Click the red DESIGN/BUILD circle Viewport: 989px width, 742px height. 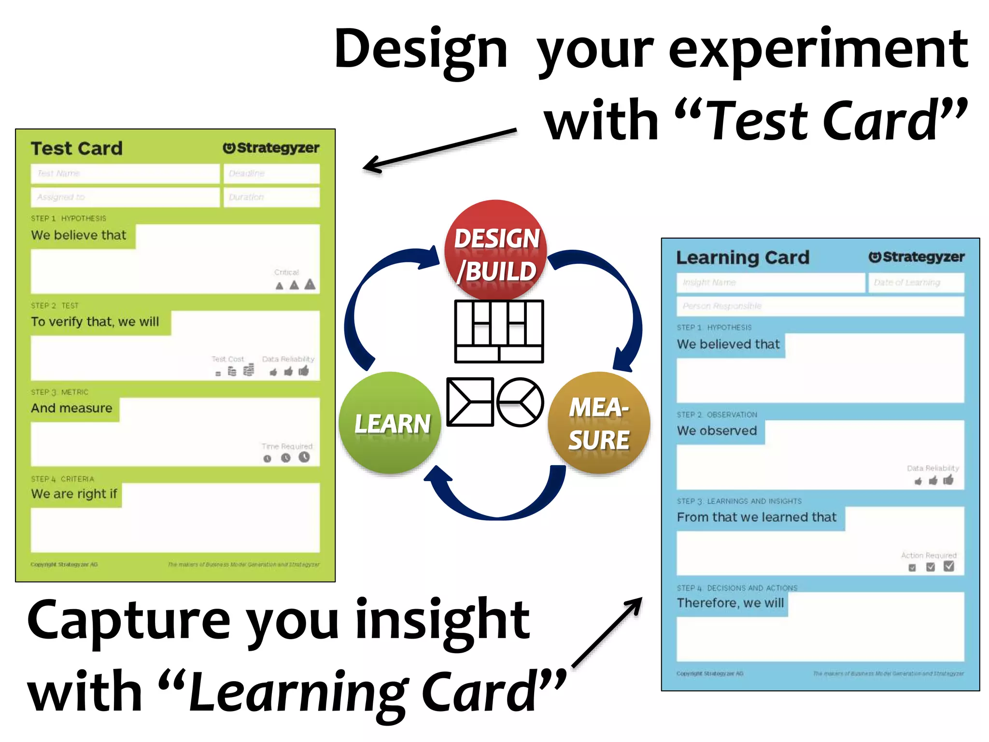pos(496,250)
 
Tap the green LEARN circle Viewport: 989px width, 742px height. pos(390,423)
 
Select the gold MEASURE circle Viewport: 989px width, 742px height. pos(599,423)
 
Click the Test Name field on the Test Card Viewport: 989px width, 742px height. pos(125,173)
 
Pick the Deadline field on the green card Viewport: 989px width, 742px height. pos(271,173)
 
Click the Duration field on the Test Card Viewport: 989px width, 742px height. pos(271,197)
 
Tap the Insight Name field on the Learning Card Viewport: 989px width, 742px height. pos(770,283)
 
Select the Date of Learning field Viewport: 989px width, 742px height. pos(916,283)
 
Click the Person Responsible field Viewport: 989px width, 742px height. pos(820,306)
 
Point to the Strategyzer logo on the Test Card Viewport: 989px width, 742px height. pos(271,148)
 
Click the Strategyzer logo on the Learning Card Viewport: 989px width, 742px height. pos(916,257)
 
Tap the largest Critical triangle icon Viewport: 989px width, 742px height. pos(310,284)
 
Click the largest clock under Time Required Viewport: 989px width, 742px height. pos(304,457)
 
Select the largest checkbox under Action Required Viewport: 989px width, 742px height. pos(949,566)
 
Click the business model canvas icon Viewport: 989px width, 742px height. pos(499,331)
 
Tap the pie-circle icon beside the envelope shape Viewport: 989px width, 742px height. pos(520,402)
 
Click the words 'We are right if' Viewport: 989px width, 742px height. pos(74,494)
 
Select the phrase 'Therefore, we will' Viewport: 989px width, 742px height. pos(730,603)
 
